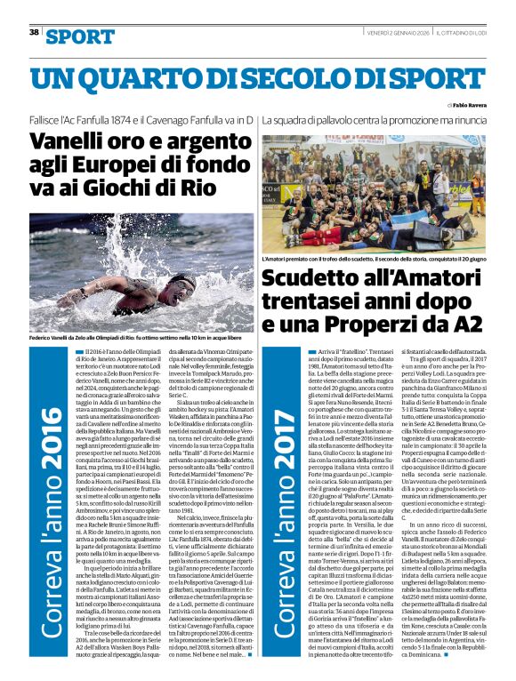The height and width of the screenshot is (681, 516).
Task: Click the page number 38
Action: tap(35, 32)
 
